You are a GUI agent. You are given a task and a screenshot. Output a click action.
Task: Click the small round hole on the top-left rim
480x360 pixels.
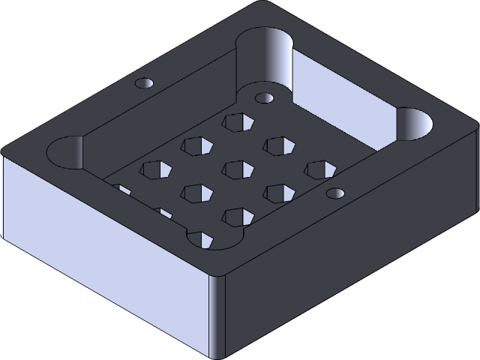click(143, 83)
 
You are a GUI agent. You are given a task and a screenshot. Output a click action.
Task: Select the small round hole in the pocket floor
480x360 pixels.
click(264, 98)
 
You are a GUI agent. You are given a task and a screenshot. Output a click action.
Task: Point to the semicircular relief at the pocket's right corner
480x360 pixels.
click(414, 124)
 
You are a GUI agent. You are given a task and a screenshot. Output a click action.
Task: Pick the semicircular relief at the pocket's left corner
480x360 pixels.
click(66, 152)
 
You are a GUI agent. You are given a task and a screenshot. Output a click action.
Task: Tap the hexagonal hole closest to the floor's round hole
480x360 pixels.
click(236, 121)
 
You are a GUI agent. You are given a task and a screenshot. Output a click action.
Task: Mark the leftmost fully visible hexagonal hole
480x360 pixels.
click(154, 169)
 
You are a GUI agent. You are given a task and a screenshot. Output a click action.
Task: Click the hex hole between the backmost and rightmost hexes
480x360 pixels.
click(277, 145)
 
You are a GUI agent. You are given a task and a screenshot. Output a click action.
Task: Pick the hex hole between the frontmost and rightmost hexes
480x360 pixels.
click(277, 193)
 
